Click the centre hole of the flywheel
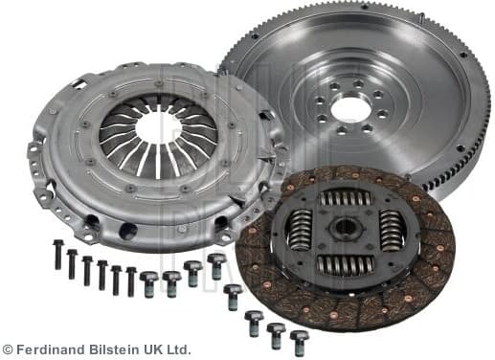[350, 109]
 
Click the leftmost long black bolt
[57, 254]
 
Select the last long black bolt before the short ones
[131, 280]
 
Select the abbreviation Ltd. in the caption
[177, 349]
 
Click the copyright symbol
[9, 349]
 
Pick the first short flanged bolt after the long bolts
[149, 281]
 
